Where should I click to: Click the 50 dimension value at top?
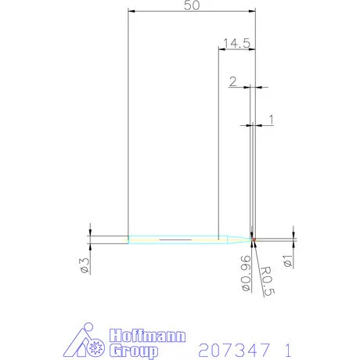coord(190,6)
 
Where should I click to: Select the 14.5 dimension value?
coord(236,44)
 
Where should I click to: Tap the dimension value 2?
coord(233,81)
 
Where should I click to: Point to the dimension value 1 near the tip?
coord(270,119)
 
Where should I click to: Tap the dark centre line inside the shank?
coord(175,237)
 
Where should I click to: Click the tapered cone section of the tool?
coord(232,237)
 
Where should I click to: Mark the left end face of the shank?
coord(128,237)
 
